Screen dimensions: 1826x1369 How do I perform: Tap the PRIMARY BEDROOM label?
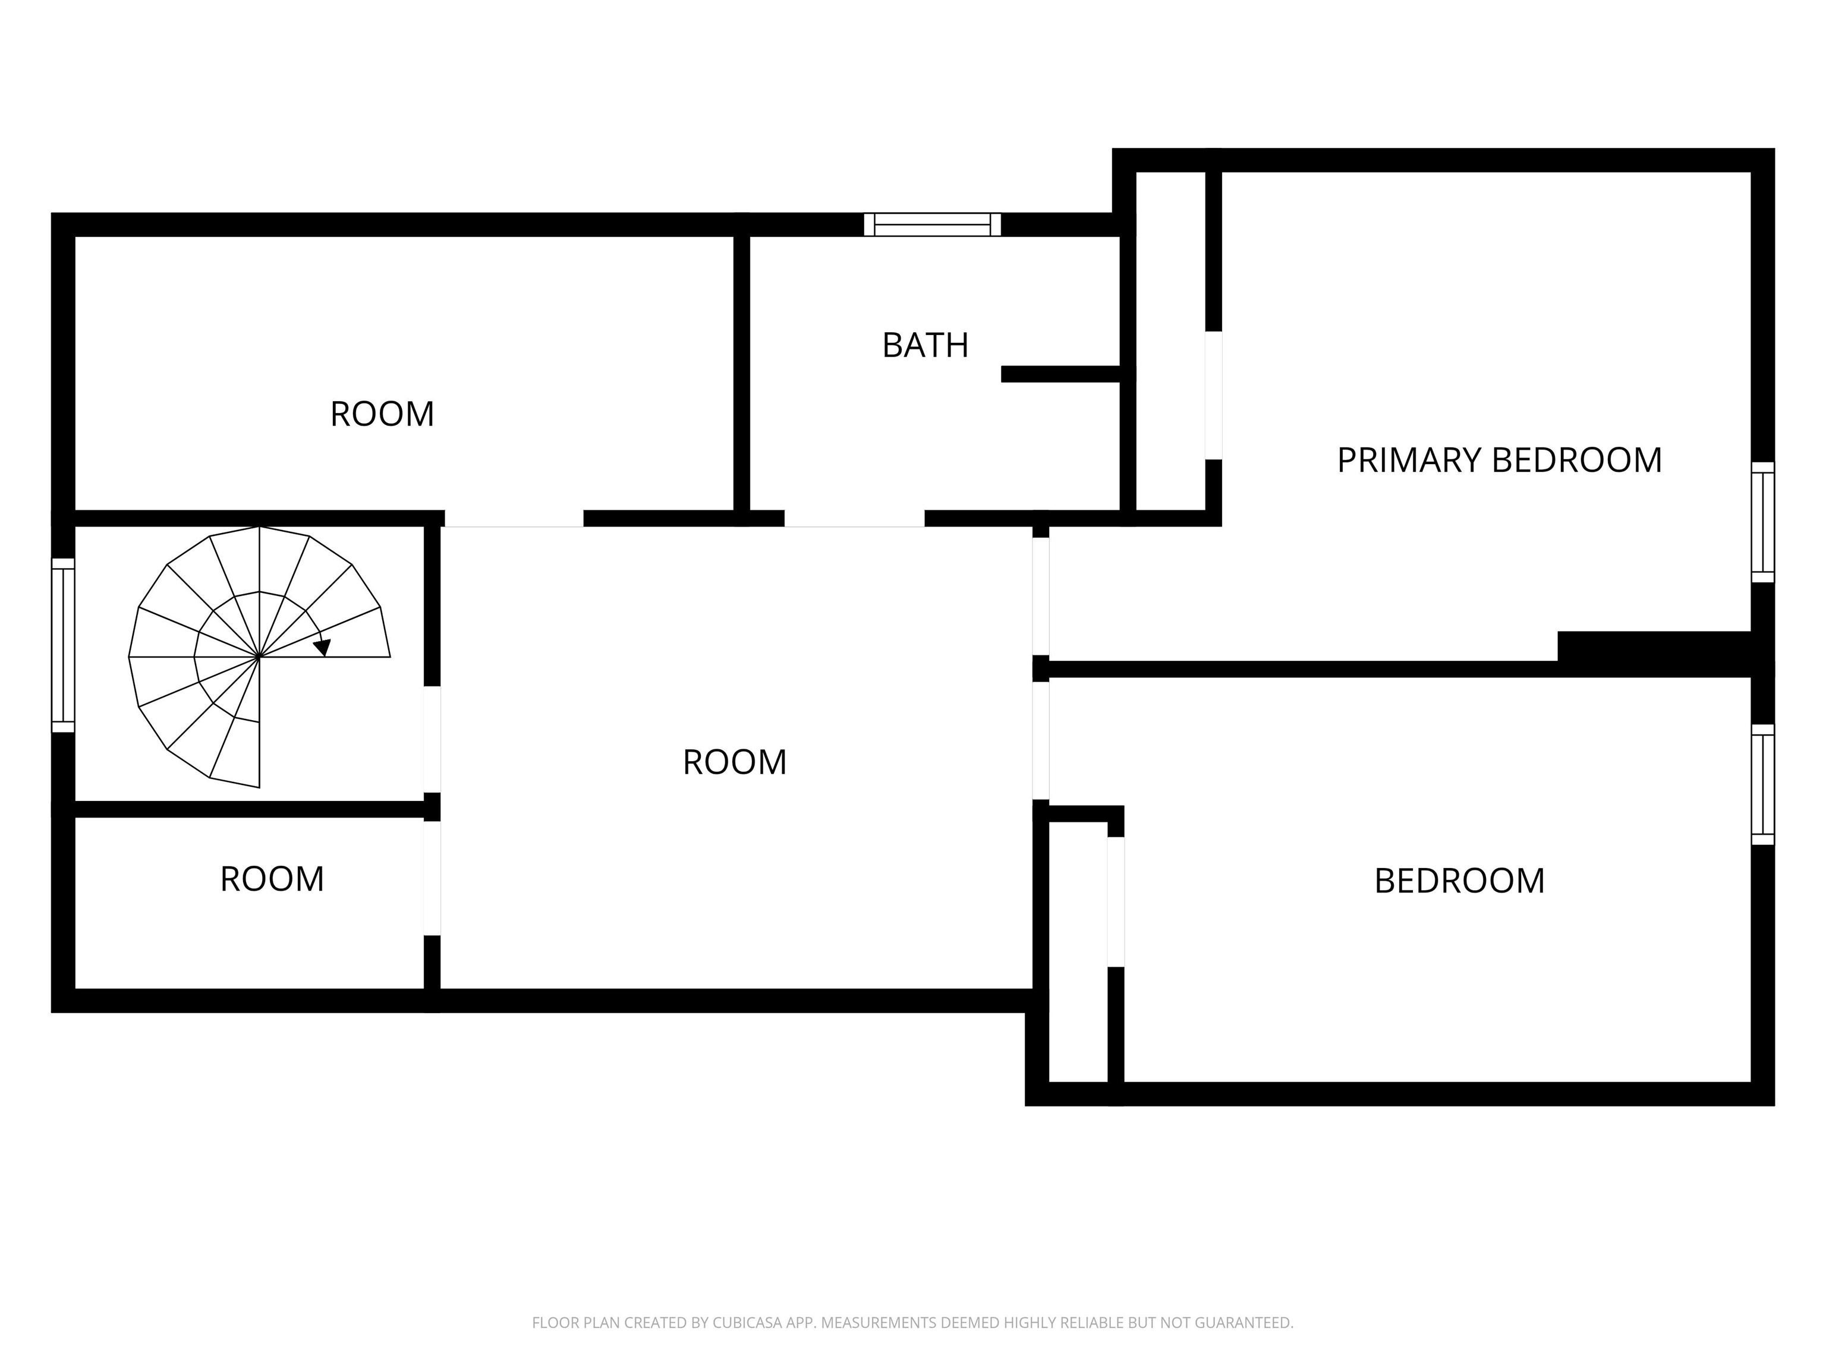tap(1499, 460)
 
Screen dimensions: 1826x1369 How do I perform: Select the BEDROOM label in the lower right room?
tap(1459, 881)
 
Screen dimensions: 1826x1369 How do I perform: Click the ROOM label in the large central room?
tap(734, 762)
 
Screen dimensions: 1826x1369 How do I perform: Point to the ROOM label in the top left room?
tap(382, 414)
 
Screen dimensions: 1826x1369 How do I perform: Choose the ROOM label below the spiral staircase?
tap(272, 879)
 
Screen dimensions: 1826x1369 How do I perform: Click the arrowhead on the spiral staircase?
tap(323, 647)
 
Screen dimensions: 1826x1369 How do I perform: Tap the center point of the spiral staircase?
tap(260, 657)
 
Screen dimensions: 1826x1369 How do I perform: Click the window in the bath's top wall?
tap(933, 225)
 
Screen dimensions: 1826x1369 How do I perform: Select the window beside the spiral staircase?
tap(64, 645)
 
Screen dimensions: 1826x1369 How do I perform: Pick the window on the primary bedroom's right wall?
tap(1762, 522)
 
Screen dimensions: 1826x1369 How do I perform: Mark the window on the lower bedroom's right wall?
tap(1762, 785)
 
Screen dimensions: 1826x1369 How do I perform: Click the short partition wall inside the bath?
tap(1061, 374)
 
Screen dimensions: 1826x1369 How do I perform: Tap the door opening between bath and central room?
tap(854, 518)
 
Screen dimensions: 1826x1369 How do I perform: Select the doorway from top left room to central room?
tap(514, 518)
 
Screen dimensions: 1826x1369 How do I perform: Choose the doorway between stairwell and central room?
tap(432, 739)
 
